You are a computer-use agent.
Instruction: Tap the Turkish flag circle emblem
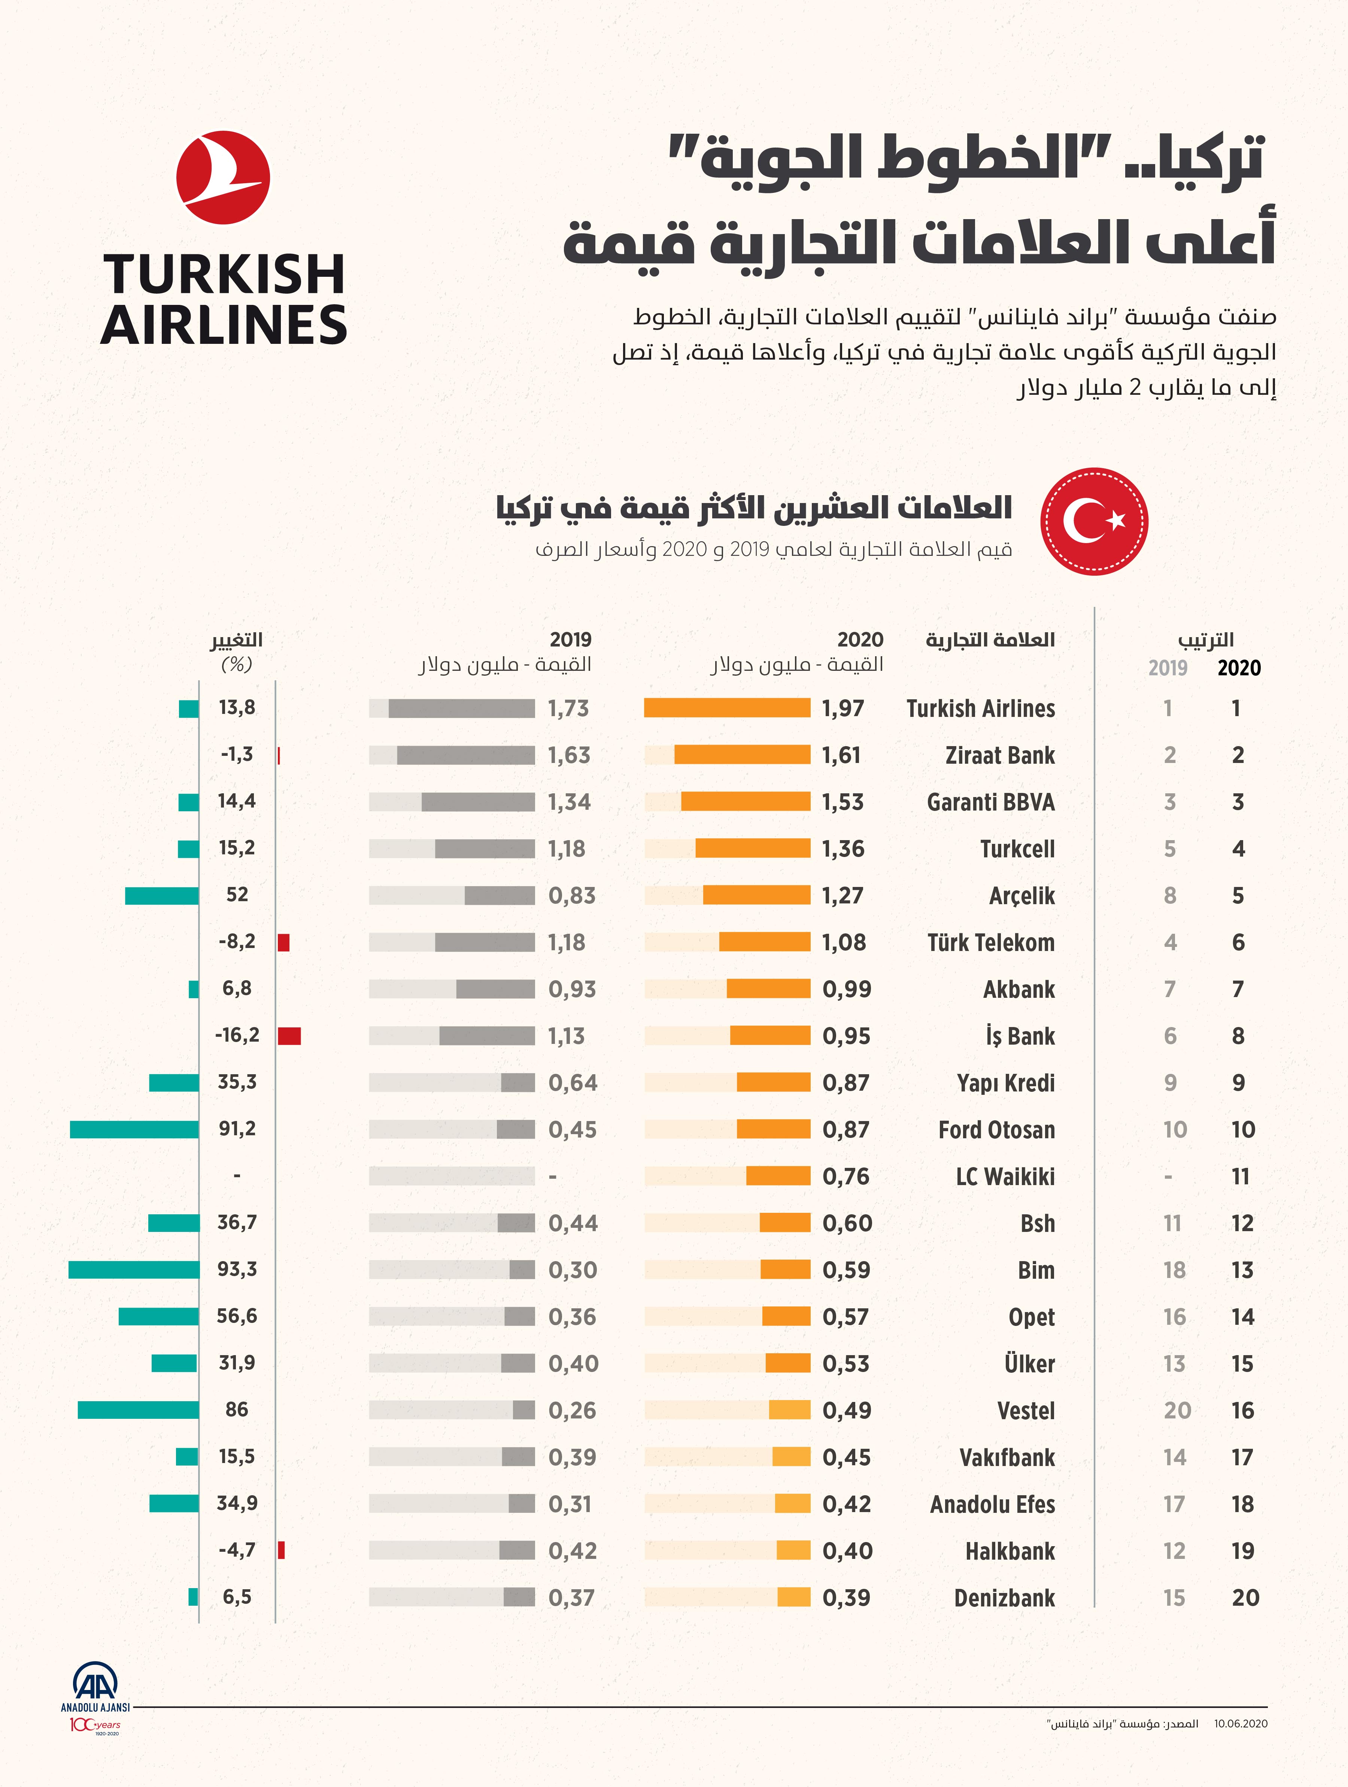coord(1094,521)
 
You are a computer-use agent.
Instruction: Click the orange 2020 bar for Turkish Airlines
coord(727,708)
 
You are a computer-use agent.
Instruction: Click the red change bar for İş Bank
coord(289,1036)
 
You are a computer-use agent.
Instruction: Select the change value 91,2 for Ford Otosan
coord(237,1129)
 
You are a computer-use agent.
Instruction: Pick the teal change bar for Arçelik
coord(161,895)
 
